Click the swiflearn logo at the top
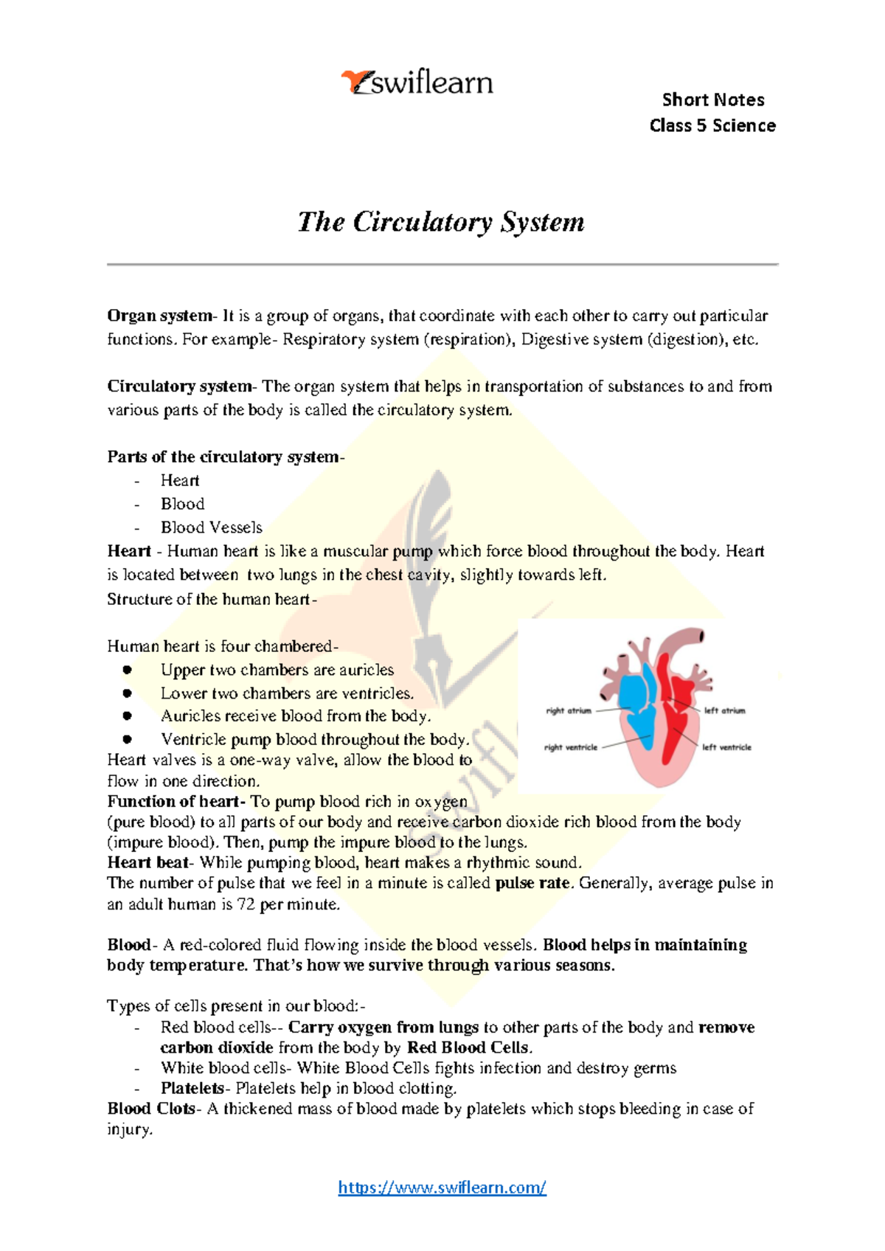click(x=417, y=83)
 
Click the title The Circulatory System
click(x=441, y=222)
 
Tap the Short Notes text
click(x=712, y=100)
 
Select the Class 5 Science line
click(x=712, y=125)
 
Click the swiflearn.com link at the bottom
click(x=442, y=1187)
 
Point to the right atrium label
click(x=569, y=711)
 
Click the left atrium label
click(x=724, y=711)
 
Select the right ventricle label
click(x=571, y=747)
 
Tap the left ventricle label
click(x=726, y=747)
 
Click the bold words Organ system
click(x=159, y=316)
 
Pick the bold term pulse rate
click(x=532, y=883)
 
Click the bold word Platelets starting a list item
click(x=192, y=1088)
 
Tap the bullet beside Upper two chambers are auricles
click(x=128, y=670)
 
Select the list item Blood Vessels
click(x=212, y=527)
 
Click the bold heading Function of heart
click(x=174, y=801)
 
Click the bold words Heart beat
click(x=148, y=862)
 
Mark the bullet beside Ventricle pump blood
click(x=128, y=739)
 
